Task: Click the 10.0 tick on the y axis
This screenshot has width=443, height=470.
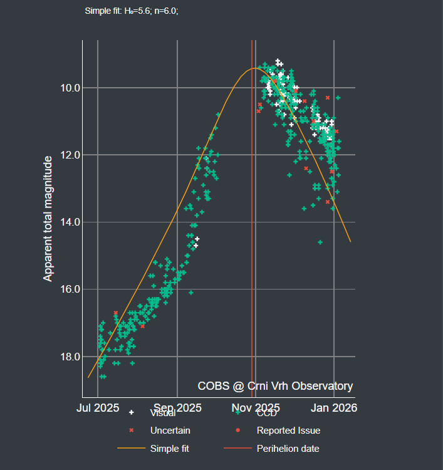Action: coord(67,88)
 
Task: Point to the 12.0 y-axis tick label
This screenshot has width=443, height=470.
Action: coord(67,155)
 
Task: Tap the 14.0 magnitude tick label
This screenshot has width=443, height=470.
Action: coord(67,222)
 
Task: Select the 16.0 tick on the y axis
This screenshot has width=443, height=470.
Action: coord(67,289)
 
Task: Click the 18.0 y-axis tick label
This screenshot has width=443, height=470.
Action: coord(67,357)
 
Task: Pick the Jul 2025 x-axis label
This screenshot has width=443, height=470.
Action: coord(97,407)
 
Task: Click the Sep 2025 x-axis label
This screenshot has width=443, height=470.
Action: coord(178,407)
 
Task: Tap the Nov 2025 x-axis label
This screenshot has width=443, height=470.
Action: coord(256,407)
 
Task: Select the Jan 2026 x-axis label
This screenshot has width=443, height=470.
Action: coord(334,407)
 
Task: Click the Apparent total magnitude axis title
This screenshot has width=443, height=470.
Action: coord(48,219)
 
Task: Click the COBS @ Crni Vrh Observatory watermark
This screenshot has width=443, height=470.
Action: coord(275,386)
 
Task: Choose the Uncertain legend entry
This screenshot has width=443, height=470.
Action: coord(170,431)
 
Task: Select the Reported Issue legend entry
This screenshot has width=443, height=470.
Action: coord(288,431)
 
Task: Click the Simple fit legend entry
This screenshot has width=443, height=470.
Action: coord(169,449)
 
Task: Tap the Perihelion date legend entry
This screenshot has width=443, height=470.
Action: coord(288,449)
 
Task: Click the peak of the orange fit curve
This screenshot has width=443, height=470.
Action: coord(254,68)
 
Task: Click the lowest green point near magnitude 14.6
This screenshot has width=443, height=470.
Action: coord(320,242)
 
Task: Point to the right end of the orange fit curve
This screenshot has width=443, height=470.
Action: coord(350,241)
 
